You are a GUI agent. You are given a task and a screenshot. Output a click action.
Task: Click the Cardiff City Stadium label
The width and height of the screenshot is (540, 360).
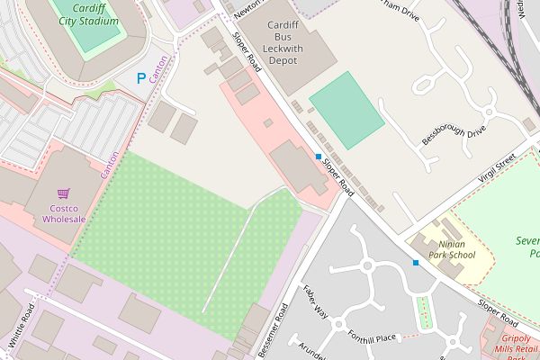(x=86, y=13)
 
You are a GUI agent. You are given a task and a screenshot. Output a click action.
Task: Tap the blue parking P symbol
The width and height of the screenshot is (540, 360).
(x=140, y=79)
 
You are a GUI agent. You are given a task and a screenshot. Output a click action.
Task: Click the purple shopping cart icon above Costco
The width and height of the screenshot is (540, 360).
(x=63, y=193)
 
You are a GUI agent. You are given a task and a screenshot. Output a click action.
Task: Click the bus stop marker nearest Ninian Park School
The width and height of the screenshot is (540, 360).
(x=416, y=263)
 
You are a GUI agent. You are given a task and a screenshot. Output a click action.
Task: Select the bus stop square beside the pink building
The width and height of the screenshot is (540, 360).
(x=319, y=157)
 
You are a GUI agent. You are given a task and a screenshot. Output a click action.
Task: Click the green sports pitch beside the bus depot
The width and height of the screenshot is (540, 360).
(x=346, y=111)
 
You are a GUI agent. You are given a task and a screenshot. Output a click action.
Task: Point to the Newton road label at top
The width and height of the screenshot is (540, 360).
(x=244, y=8)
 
